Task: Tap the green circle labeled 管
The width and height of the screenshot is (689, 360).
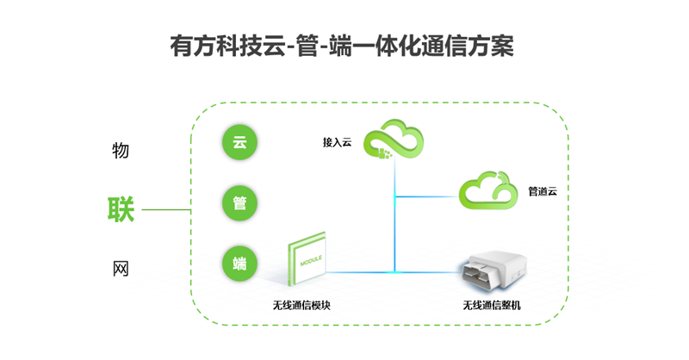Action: pyautogui.click(x=239, y=203)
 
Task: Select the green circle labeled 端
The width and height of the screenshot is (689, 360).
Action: pyautogui.click(x=239, y=264)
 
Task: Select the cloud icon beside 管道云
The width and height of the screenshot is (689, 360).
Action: pyautogui.click(x=488, y=189)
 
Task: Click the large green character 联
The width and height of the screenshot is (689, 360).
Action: pyautogui.click(x=120, y=209)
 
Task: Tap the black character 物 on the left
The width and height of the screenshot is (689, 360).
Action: pyautogui.click(x=121, y=151)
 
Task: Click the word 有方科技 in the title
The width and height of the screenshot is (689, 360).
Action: pyautogui.click(x=208, y=46)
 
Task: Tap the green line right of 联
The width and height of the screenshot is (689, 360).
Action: pyautogui.click(x=165, y=209)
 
